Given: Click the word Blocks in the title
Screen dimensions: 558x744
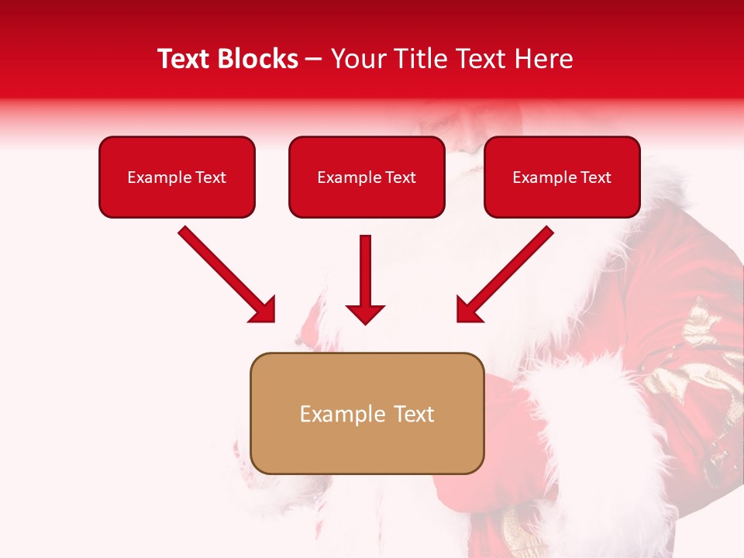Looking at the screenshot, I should click(257, 59).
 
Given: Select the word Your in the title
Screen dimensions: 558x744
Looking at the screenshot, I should click(355, 59).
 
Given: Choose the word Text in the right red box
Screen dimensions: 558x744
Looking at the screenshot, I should click(596, 177).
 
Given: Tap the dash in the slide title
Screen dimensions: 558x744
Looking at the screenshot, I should click(314, 60).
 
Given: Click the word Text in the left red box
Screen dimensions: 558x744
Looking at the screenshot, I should click(211, 177).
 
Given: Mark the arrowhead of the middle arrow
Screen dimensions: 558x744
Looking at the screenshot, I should click(365, 314).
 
